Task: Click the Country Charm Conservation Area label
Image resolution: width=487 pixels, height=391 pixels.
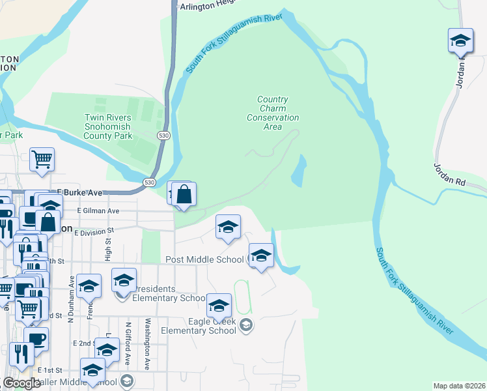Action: coord(273,113)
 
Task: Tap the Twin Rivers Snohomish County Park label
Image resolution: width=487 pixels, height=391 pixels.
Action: coord(108,126)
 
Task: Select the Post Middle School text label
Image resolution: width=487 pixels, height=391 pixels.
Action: coord(204,259)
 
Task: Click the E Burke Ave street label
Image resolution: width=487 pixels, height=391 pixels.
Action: coord(80,193)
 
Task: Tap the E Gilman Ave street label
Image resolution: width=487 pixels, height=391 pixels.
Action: coord(98,211)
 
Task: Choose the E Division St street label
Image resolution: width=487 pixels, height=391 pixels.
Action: coord(94,231)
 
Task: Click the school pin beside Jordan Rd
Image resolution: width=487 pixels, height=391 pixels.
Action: coord(460,40)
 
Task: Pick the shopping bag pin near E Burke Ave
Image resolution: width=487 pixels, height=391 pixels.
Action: coord(184,194)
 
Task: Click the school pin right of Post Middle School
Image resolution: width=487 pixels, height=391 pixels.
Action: coord(261,255)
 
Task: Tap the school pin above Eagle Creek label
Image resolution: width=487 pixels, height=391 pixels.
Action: coord(219,305)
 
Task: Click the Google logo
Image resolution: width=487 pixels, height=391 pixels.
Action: coord(21,383)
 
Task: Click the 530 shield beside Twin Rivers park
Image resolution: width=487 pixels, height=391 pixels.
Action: coord(163,135)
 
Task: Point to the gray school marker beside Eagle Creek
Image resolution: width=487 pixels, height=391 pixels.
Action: coord(246,325)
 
